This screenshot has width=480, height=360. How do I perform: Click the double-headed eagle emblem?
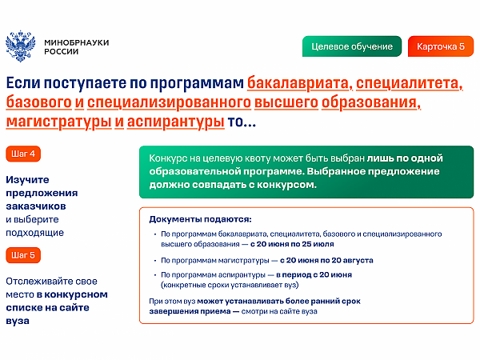tap(20, 46)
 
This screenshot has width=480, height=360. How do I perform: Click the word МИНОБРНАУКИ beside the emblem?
tap(77, 42)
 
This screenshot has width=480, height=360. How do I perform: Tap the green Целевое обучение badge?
tap(352, 46)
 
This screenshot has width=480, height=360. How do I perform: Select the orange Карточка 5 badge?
tap(441, 46)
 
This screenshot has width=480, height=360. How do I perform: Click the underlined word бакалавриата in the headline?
tap(299, 83)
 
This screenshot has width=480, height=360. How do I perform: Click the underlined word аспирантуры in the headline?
tap(176, 122)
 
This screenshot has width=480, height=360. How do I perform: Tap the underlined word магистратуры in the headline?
tap(58, 122)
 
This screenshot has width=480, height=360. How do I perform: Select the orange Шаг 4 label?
tap(23, 154)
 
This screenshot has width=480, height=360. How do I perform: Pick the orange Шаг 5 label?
tap(23, 255)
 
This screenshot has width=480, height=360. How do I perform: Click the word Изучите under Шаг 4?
tap(27, 180)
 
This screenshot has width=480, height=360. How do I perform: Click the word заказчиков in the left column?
tap(36, 206)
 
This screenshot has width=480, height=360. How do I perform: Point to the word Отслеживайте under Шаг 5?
tap(39, 281)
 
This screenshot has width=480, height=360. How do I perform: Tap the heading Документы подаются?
tap(200, 219)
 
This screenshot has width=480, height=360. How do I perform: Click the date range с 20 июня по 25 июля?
tap(292, 244)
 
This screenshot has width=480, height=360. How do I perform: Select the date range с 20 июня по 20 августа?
tap(326, 260)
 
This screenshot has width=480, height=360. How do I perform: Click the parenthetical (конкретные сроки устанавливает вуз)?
tap(230, 285)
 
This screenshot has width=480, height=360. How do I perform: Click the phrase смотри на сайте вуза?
tap(279, 311)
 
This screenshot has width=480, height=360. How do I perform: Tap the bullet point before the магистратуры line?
tap(155, 261)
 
